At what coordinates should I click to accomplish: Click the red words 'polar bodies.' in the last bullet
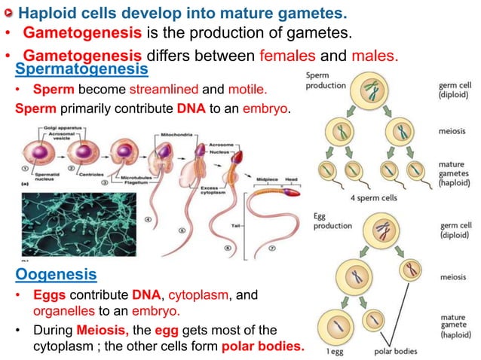click(x=265, y=346)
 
